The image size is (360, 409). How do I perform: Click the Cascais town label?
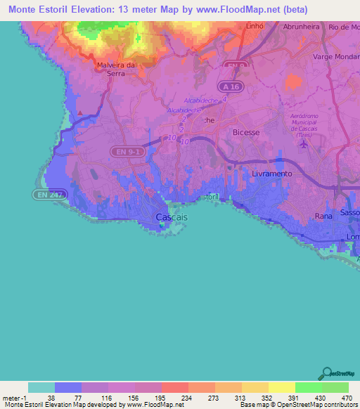point(172,217)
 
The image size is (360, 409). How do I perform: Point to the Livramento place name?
point(271,172)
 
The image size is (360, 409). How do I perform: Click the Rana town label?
point(323,216)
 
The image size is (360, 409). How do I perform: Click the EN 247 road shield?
point(46,193)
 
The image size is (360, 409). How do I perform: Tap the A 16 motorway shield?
point(226,86)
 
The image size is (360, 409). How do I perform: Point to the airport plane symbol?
point(304,145)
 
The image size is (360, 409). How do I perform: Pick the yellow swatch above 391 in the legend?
point(281,387)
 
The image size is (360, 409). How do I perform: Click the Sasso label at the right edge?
point(349,212)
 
